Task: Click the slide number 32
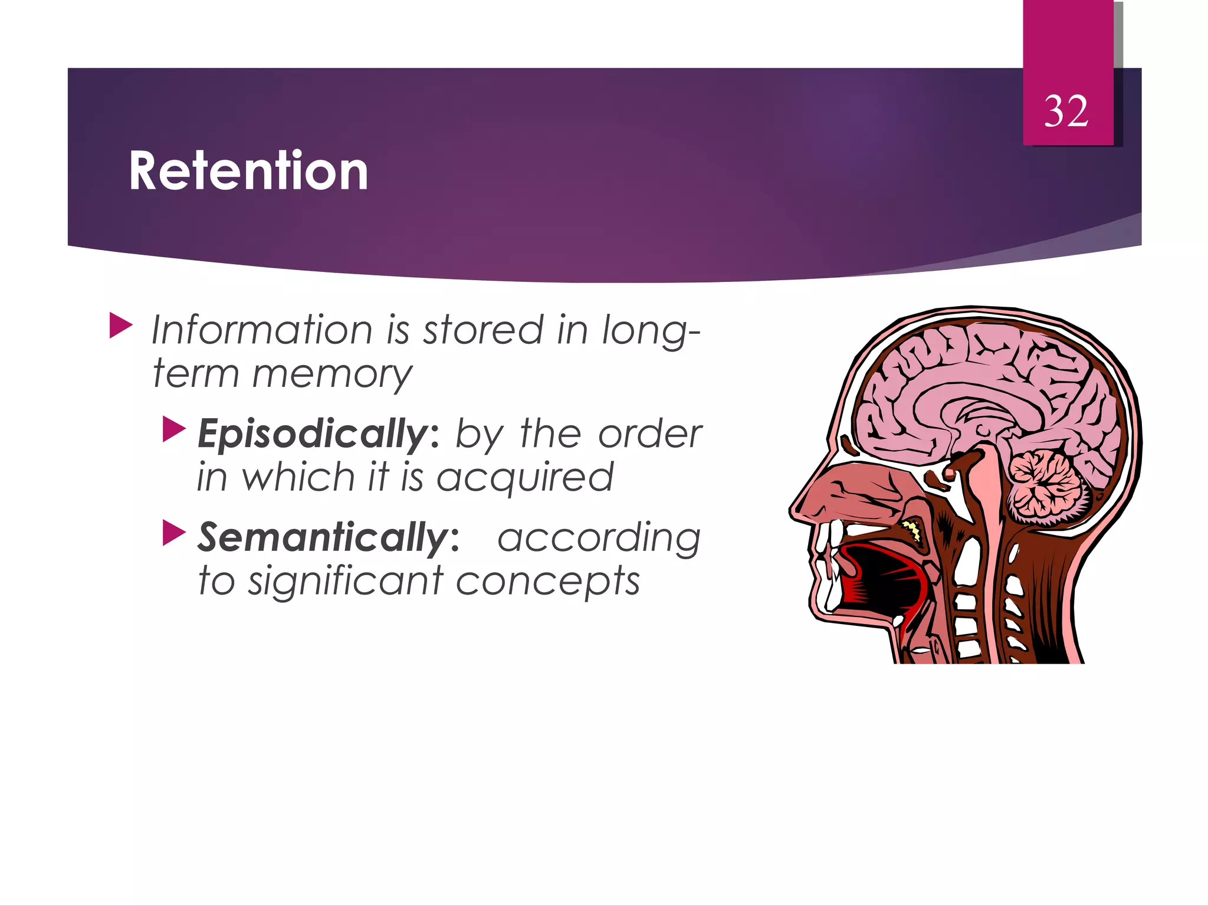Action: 1066,111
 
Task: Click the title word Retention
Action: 248,171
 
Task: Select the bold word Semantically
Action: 324,538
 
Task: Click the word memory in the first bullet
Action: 332,375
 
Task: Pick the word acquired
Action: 525,478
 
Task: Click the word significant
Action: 346,582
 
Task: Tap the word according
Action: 599,538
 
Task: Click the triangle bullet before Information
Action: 120,326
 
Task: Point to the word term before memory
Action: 195,375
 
